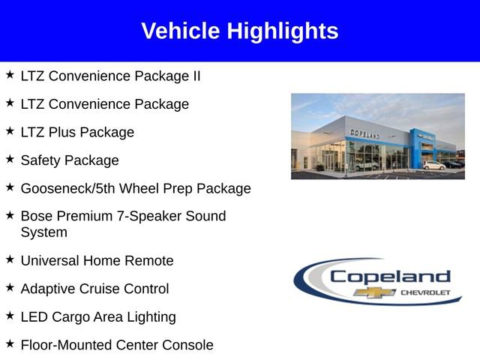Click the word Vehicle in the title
[181, 31]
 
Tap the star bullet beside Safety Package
[10, 159]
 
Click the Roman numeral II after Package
[194, 76]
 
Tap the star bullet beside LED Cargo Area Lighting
[10, 316]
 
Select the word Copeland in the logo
[390, 276]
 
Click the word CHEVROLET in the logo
[427, 292]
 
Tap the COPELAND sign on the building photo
[364, 133]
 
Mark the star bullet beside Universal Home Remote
[10, 259]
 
